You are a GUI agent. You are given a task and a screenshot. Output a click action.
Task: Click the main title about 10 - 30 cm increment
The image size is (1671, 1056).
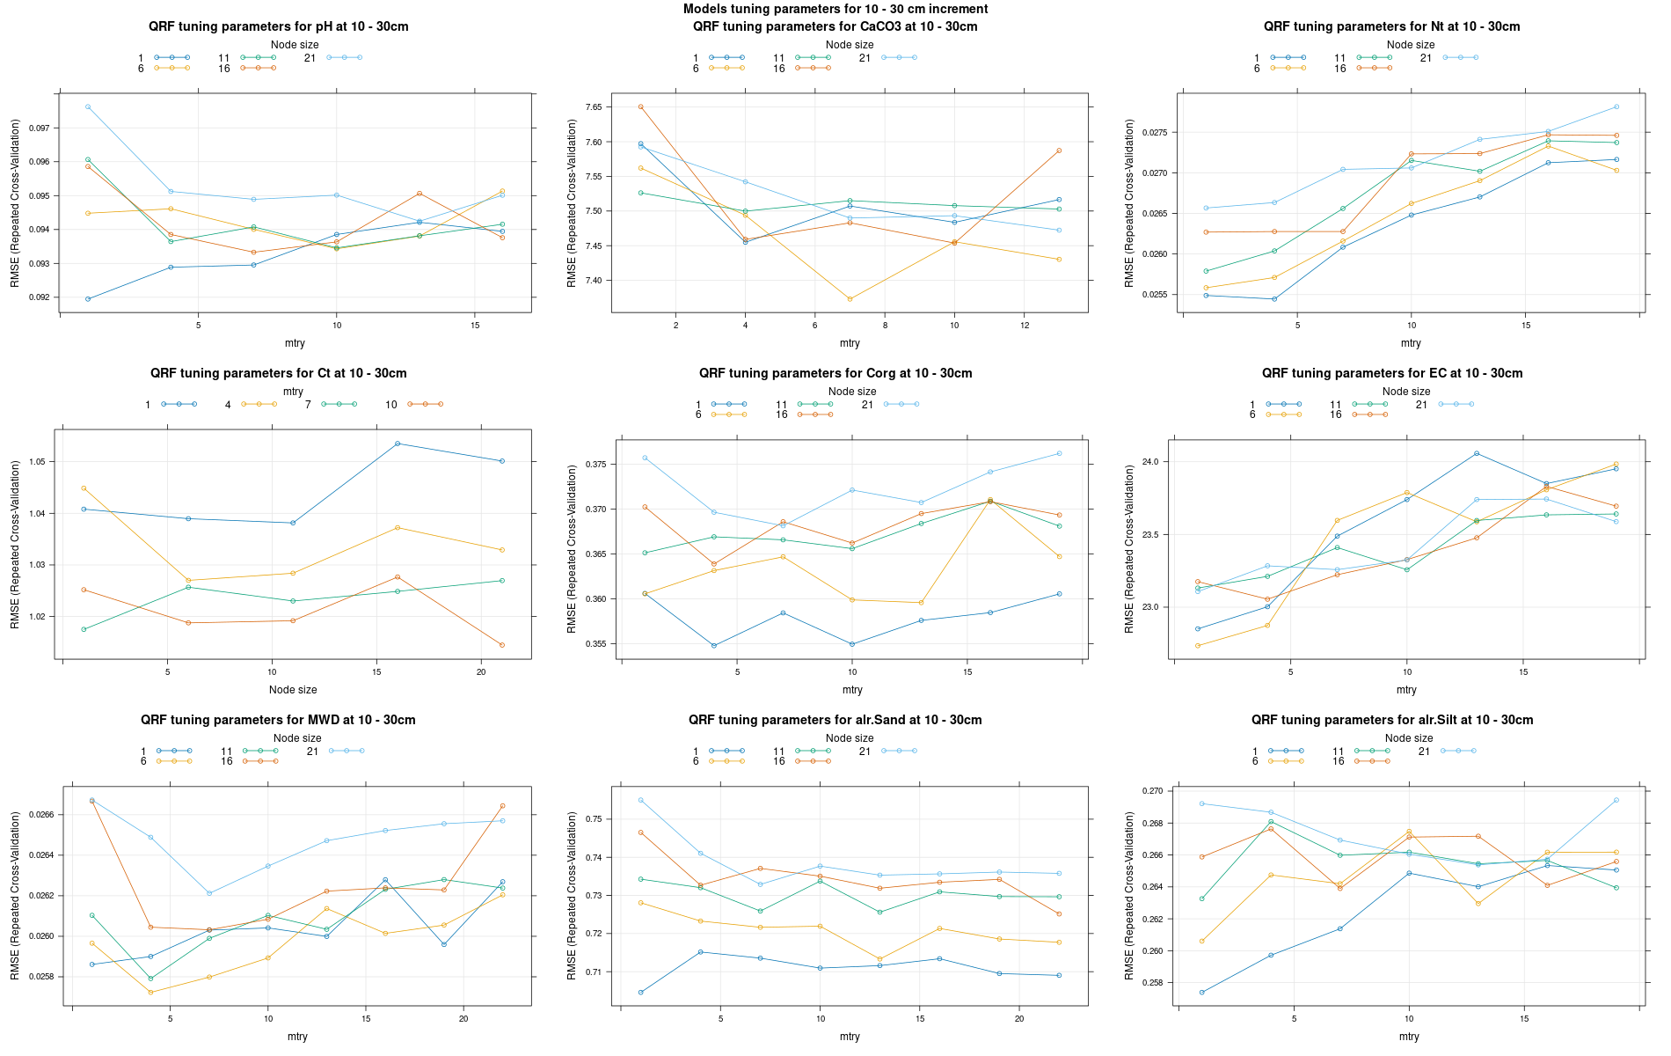835,9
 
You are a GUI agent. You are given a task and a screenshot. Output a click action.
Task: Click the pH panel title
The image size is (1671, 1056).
278,26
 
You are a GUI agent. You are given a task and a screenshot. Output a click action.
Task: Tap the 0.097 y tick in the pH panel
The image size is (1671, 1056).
39,128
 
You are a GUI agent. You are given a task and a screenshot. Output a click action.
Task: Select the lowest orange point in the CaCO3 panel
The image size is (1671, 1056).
850,299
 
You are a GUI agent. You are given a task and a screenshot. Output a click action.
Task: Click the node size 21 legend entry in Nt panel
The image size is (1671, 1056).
1448,58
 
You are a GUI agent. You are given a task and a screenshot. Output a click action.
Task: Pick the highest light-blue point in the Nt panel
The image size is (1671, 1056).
1616,107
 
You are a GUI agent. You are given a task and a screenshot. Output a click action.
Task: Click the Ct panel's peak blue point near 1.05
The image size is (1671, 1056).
398,444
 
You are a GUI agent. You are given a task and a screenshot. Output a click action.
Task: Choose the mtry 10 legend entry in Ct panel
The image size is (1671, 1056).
413,405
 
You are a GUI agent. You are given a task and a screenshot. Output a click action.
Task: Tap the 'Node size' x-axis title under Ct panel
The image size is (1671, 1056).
293,690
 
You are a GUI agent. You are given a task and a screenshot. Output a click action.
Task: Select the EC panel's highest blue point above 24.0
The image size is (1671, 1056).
1477,453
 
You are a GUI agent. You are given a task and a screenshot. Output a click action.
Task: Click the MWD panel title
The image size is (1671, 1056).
278,720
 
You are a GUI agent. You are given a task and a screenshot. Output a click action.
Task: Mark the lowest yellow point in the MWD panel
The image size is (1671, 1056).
150,993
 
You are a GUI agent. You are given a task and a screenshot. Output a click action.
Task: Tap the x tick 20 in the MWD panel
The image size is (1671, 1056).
463,1019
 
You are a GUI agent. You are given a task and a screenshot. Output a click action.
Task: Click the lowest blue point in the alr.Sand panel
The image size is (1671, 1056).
640,993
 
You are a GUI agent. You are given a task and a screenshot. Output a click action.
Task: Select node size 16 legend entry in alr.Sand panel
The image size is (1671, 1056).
802,761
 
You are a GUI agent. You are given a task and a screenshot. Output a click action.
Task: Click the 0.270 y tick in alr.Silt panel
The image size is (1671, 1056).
1150,791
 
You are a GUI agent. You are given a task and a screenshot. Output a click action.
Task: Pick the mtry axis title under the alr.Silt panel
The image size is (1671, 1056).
1409,1037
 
